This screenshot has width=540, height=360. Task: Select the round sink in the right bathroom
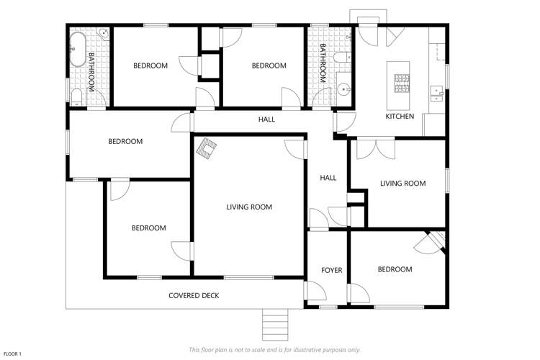coord(345,90)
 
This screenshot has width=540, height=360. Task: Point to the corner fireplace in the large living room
coord(208,148)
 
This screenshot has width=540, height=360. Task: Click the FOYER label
coord(331,270)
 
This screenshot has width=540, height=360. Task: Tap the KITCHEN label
coord(400,116)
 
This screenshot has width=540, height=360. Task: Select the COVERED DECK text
coord(194,295)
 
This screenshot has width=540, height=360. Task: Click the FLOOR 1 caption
coord(14,354)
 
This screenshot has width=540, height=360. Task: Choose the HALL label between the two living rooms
coord(328,178)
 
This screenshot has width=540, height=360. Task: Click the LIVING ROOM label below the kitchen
coord(402,184)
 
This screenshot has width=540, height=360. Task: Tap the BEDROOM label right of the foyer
coord(395,269)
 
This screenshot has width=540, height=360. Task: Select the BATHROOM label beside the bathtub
coord(91,71)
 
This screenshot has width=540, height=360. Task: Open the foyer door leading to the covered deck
coord(311,290)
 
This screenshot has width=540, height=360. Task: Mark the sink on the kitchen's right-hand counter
coord(436,91)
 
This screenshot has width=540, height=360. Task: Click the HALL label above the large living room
coord(266,119)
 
